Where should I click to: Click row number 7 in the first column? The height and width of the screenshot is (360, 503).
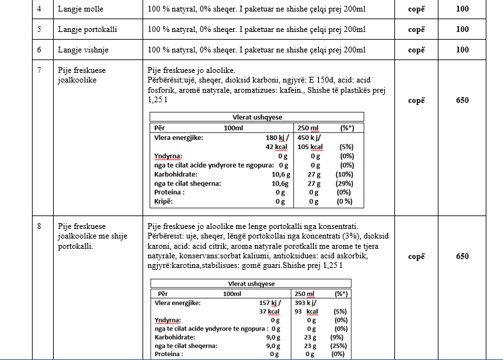point(40,70)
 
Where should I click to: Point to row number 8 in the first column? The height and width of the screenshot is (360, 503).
point(40,226)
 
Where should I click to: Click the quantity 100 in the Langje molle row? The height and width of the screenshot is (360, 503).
point(463,10)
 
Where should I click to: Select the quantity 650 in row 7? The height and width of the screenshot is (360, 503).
point(463,100)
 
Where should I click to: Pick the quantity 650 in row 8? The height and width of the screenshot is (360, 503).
point(463,256)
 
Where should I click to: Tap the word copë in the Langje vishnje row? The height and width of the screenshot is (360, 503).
point(417,50)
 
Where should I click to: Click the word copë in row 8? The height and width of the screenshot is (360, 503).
point(417,256)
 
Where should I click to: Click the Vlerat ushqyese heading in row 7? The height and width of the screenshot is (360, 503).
point(256,117)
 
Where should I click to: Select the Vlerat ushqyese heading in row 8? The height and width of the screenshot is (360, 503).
point(251,284)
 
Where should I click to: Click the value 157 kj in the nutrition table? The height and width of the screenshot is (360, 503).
point(270,303)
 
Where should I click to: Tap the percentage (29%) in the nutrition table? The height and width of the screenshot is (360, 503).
point(345,183)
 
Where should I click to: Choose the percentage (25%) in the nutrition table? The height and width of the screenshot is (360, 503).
point(339,345)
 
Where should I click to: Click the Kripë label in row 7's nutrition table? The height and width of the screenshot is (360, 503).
point(164,201)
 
